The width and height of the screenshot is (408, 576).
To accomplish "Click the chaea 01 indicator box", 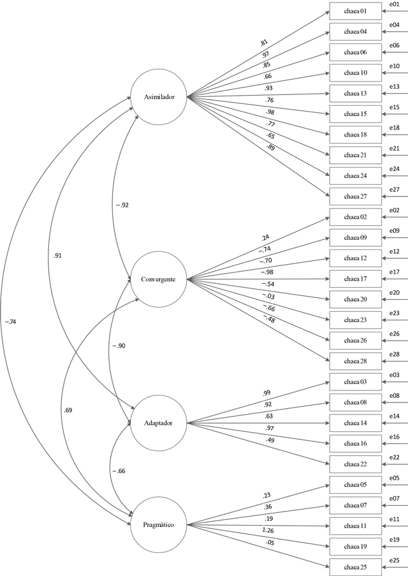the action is tap(356, 11).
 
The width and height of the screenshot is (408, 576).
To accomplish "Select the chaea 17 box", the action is tap(356, 279).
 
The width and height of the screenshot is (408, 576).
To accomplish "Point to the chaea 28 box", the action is tap(356, 361).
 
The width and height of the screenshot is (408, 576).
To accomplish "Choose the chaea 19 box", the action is tap(356, 546).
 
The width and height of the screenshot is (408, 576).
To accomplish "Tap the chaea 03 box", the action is tap(356, 381).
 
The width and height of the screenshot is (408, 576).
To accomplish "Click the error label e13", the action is tap(395, 87).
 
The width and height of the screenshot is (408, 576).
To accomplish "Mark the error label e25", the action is tap(395, 561).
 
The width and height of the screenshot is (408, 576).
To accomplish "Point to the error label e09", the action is tap(395, 231).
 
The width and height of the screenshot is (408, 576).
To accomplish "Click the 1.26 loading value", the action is tap(268, 531).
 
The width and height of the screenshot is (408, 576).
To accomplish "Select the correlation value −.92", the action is tap(122, 205).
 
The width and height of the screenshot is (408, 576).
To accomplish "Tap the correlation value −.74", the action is tap(11, 321).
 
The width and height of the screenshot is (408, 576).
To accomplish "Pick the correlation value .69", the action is tap(68, 410).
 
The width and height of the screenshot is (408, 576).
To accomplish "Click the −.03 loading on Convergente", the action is tap(268, 296).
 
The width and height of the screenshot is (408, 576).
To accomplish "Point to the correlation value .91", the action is tap(57, 256).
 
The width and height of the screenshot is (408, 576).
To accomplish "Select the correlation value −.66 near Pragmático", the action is tap(119, 471).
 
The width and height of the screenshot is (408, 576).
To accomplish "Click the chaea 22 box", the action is tap(356, 464).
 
